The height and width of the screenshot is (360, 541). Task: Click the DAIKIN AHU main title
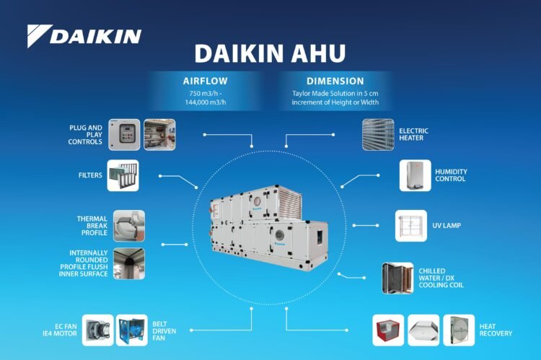point(270,55)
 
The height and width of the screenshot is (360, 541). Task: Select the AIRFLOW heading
point(206,81)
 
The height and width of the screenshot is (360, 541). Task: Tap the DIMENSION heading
point(335,81)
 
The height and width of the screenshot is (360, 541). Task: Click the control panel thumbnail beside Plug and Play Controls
point(124,134)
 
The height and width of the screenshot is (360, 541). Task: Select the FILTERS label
point(89,175)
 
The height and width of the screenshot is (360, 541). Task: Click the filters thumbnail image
point(123,175)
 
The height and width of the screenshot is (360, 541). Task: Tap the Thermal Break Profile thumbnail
point(128,226)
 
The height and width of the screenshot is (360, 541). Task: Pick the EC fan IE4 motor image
point(97,330)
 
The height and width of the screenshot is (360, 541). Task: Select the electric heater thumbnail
point(378,135)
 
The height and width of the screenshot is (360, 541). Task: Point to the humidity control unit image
point(415,175)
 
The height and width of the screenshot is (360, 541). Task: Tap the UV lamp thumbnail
point(411,226)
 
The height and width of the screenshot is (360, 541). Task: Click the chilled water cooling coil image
point(397,278)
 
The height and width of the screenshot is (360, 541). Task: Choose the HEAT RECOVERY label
point(496,330)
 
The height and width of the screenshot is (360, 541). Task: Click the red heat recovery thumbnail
point(388,330)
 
